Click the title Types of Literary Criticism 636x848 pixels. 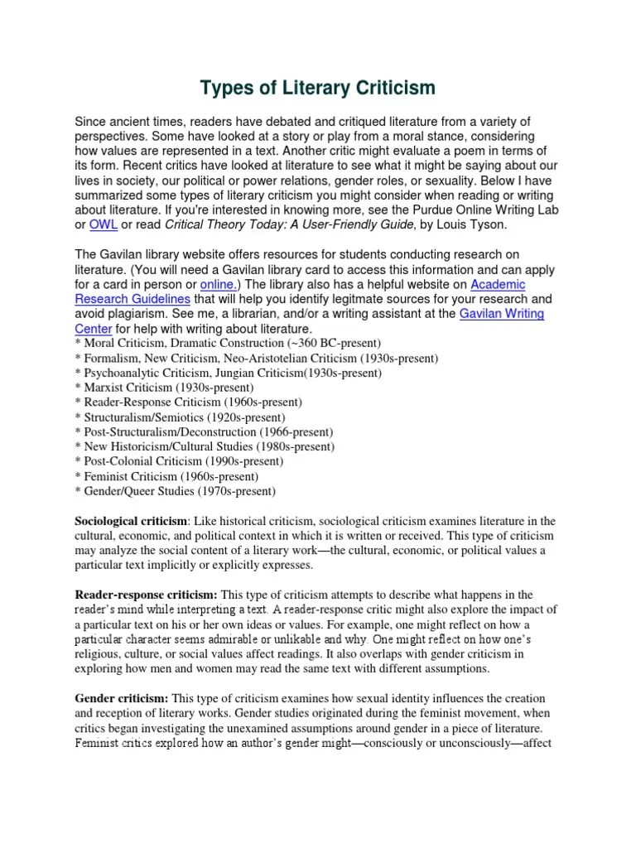coord(318,88)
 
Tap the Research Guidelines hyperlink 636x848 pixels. coord(133,299)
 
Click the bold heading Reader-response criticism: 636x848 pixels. coord(147,595)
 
